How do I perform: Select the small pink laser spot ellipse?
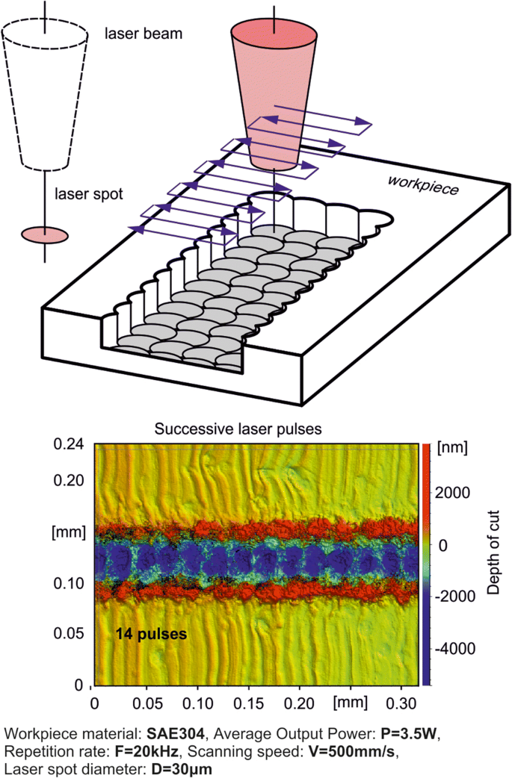[x=45, y=234]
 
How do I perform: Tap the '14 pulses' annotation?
[x=150, y=634]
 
